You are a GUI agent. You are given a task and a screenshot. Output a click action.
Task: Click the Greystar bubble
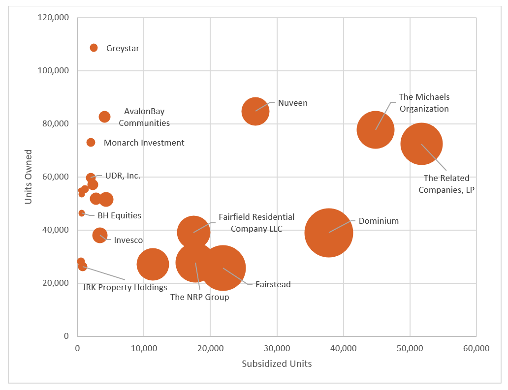point(94,48)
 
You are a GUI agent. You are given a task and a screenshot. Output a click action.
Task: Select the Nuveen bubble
point(255,111)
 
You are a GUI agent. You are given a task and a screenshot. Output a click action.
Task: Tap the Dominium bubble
point(328,233)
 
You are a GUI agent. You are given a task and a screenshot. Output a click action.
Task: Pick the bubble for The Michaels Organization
point(375,130)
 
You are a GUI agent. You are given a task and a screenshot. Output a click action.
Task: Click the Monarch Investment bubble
point(91,143)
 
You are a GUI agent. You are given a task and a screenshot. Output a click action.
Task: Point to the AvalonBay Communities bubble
point(104,117)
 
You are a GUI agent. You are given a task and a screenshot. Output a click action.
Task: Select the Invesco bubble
point(100,235)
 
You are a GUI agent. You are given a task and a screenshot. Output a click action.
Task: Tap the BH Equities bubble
point(82,213)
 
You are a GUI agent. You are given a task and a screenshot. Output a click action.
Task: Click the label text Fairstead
point(273,284)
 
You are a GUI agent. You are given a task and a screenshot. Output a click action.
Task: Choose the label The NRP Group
point(199,297)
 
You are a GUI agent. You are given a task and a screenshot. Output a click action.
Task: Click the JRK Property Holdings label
point(125,287)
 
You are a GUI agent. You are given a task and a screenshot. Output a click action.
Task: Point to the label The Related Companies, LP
point(446,184)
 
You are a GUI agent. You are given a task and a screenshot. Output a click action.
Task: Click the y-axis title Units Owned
point(28,177)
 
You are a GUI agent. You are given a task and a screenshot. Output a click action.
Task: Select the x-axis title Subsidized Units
point(277,364)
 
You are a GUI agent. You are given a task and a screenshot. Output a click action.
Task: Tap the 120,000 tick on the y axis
point(53,18)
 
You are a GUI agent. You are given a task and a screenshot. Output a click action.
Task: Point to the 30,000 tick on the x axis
point(277,348)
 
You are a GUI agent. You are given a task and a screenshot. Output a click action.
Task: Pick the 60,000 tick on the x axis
point(476,348)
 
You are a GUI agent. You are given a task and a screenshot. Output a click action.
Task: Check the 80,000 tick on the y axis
point(55,124)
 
